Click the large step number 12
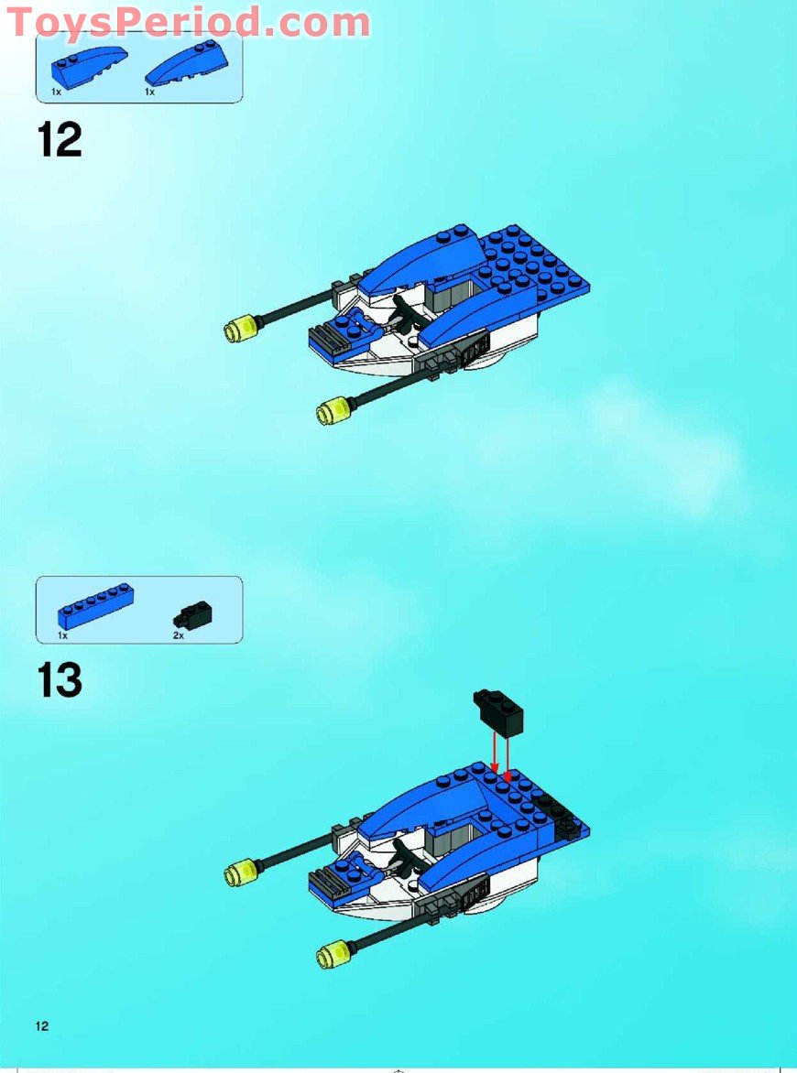coord(60,141)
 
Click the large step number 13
coord(60,681)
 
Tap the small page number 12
coord(42,1026)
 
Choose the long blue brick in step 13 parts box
coord(95,604)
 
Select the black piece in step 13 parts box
coord(192,613)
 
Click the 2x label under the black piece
coord(178,634)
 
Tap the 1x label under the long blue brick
coord(62,634)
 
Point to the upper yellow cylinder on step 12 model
coord(240,327)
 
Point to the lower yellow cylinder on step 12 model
coord(331,411)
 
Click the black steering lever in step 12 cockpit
coord(403,316)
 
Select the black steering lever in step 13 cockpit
coord(403,859)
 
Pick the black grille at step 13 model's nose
coord(325,883)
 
